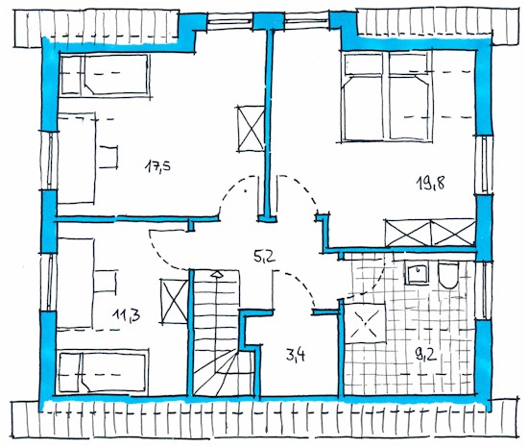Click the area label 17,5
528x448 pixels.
[x=158, y=166]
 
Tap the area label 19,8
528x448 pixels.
[x=430, y=184]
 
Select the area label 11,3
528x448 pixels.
[x=127, y=315]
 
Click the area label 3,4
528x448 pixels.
[x=296, y=355]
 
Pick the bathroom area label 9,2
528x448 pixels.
[x=426, y=355]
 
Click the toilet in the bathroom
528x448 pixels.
[x=448, y=276]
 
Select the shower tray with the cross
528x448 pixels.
[x=366, y=323]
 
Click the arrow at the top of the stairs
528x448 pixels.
[x=217, y=274]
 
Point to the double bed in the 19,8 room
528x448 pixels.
[x=387, y=96]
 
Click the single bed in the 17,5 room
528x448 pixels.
[x=105, y=74]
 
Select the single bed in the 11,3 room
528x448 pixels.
[x=103, y=372]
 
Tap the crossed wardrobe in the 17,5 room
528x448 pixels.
[x=251, y=128]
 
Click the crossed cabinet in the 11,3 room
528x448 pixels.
[x=175, y=301]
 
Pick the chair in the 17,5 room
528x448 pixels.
[x=108, y=157]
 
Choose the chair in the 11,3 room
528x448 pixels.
[x=106, y=281]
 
